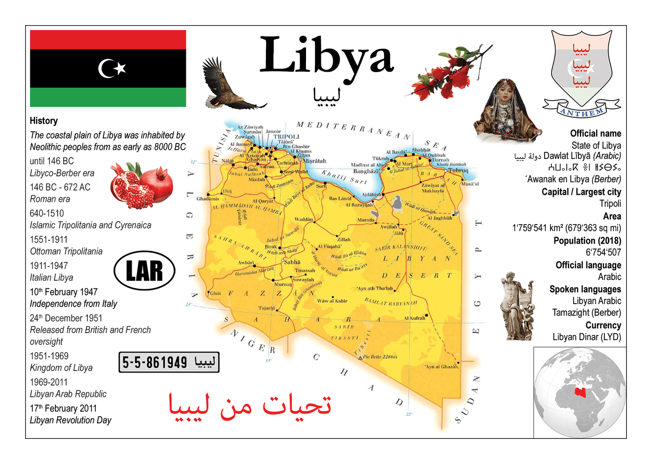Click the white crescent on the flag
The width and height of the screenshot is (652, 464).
[x=106, y=68]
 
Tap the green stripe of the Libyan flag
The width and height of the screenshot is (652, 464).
[x=108, y=97]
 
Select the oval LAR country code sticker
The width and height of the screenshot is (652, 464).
[x=144, y=271]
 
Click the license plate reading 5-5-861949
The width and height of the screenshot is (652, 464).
[x=169, y=362]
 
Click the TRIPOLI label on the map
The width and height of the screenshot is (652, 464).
[x=286, y=137]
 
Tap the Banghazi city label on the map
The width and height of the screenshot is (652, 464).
[x=366, y=171]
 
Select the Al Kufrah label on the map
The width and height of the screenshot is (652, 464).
[x=414, y=318]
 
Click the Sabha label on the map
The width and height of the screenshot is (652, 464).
[x=292, y=262]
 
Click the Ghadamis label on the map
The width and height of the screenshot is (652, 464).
[x=207, y=199]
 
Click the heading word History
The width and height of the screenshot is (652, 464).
[x=44, y=121]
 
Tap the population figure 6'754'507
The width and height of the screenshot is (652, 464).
[x=603, y=252]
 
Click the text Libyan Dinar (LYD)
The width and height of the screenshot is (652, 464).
[x=586, y=337]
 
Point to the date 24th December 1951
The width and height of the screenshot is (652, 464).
[x=66, y=318]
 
